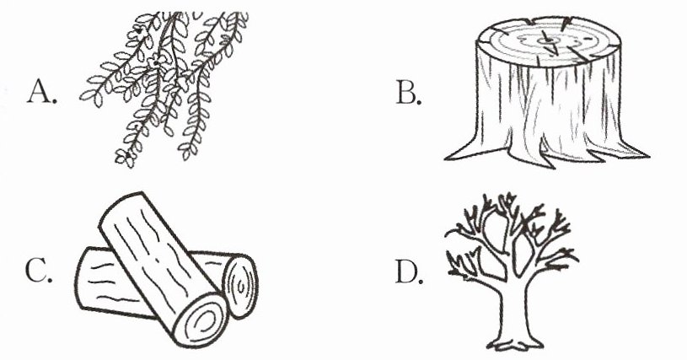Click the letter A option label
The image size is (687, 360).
click(42, 92)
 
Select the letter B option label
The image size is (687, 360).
click(408, 94)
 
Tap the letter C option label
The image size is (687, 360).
click(39, 271)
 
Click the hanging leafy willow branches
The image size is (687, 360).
click(164, 88)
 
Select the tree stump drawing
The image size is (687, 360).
click(547, 92)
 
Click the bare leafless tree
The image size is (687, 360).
click(512, 271)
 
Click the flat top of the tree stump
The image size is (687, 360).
click(548, 42)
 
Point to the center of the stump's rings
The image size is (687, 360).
click(546, 41)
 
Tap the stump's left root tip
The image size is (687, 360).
click(445, 158)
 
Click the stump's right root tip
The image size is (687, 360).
click(648, 155)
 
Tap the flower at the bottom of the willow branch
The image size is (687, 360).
click(123, 157)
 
